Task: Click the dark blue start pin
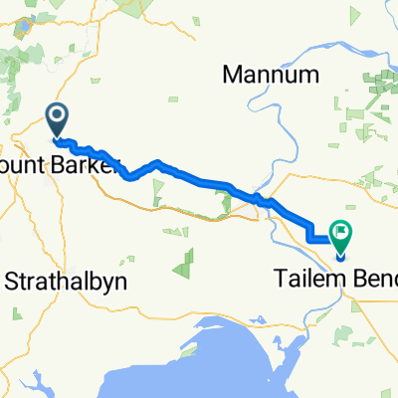coord(58,119)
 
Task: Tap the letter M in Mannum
coord(234,75)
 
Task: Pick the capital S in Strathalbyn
coord(13,282)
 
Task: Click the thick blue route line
coord(199,179)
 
